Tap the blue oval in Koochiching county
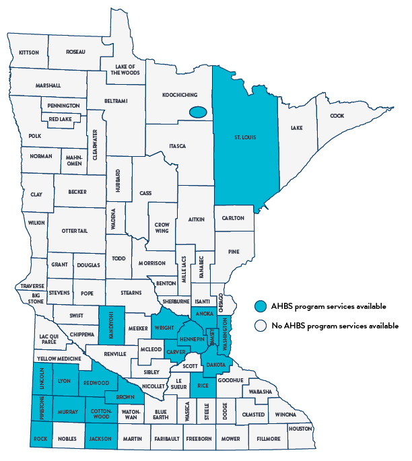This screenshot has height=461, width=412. (198, 112)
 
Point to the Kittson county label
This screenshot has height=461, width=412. (30, 52)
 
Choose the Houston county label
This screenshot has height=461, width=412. (300, 429)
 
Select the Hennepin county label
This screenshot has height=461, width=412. (192, 339)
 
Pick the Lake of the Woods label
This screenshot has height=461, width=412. (127, 69)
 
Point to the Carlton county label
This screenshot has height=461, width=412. (234, 218)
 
